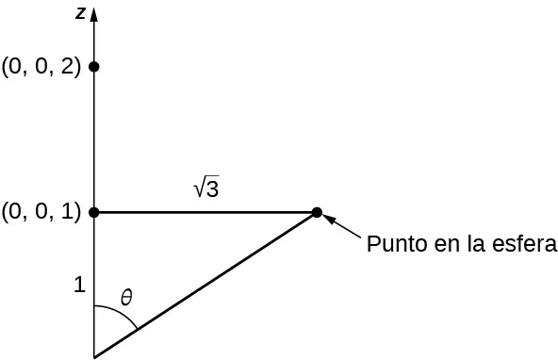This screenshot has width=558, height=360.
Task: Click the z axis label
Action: [x=81, y=12]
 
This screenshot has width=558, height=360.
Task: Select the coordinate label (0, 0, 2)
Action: [x=41, y=67]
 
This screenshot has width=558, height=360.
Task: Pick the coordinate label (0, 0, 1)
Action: [x=41, y=212]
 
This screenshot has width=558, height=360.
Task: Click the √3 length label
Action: [x=206, y=188]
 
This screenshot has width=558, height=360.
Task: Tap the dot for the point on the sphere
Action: [x=317, y=212]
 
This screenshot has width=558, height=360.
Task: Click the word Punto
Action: [x=393, y=245]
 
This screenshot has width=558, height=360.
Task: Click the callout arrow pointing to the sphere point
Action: [x=342, y=226]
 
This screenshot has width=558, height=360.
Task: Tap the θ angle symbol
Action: [x=125, y=298]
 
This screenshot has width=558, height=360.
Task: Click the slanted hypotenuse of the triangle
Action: [x=205, y=285]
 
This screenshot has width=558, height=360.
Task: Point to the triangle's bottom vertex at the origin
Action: [x=94, y=357]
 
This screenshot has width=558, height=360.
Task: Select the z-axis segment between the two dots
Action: [x=94, y=139]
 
